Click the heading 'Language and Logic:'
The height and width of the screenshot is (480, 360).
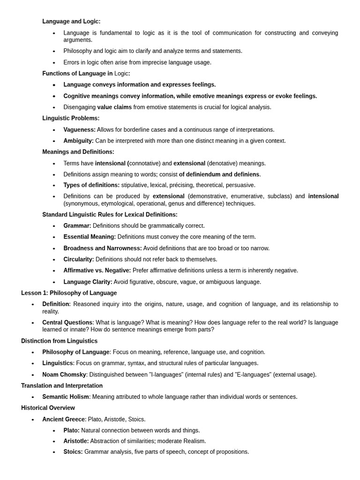pos(71,22)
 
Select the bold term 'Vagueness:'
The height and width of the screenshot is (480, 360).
pos(79,130)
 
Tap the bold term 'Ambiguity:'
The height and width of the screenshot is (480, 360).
pos(78,141)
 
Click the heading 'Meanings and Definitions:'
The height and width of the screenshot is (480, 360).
pos(78,152)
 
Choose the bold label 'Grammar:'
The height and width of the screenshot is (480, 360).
pos(77,226)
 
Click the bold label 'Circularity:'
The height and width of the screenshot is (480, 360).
pos(79,259)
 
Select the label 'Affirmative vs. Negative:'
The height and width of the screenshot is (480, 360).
pos(97,270)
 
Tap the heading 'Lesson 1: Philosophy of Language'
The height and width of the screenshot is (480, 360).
pos(69,293)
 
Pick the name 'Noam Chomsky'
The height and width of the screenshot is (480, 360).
pos(64,375)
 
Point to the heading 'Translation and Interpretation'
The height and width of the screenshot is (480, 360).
pos(62,386)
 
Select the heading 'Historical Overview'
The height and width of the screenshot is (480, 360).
pos(48,408)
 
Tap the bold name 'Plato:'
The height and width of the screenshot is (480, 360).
pos(72,430)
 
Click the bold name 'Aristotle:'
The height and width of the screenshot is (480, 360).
pos(76,441)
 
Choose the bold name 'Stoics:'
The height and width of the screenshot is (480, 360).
pos(73,452)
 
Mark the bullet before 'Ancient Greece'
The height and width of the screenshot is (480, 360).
pos(33,420)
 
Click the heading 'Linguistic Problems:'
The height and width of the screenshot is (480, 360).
pos(71,118)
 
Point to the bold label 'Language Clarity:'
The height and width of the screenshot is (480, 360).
pos(88,282)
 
